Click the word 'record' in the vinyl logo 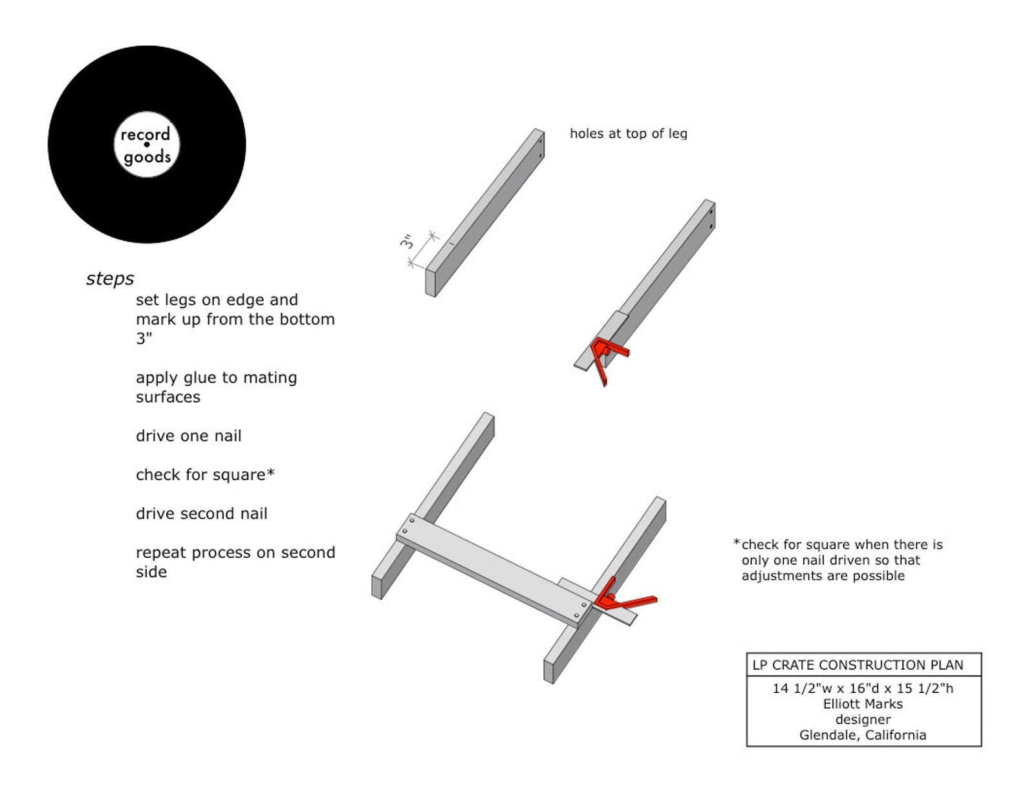(x=146, y=134)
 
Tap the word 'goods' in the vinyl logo (x=147, y=157)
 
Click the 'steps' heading (x=110, y=279)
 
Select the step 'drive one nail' (x=188, y=436)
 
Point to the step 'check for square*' (x=205, y=474)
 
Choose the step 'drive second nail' (x=201, y=514)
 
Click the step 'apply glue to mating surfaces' (x=216, y=387)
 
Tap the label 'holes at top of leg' (x=628, y=134)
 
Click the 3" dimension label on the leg (x=407, y=242)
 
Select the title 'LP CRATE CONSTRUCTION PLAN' (x=858, y=665)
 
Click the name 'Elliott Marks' (x=863, y=704)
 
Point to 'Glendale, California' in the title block (x=863, y=735)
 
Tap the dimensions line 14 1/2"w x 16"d (x=863, y=688)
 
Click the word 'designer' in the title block (x=863, y=719)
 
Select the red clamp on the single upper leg (x=608, y=355)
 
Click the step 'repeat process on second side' (x=235, y=562)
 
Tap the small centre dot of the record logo (x=147, y=144)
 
